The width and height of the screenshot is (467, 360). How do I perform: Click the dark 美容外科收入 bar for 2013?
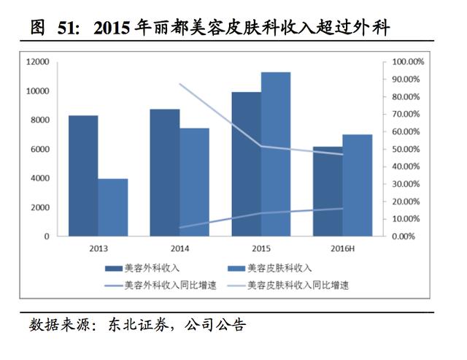click(83, 176)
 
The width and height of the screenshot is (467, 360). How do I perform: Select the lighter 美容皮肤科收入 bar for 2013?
click(112, 207)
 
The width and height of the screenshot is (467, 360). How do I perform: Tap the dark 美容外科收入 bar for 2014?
click(165, 172)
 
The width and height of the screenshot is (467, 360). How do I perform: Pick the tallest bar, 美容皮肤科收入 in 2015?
click(276, 154)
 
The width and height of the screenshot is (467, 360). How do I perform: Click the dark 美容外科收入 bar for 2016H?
click(328, 191)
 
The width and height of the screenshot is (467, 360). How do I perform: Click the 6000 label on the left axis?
click(40, 149)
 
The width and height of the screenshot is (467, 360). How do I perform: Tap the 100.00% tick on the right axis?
click(408, 62)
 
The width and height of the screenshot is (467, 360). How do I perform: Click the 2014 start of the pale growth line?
click(180, 85)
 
